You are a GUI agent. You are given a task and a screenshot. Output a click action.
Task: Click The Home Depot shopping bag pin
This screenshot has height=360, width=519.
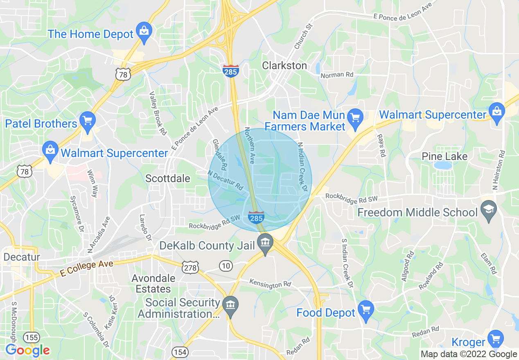[144, 32]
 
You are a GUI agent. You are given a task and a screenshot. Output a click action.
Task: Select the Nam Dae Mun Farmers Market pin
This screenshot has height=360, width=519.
[355, 118]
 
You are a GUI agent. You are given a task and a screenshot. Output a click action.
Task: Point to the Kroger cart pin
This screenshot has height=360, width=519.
[496, 339]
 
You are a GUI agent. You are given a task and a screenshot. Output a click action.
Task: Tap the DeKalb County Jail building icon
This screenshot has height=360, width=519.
[265, 242]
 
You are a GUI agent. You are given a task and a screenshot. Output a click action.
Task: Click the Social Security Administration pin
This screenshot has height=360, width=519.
[230, 306]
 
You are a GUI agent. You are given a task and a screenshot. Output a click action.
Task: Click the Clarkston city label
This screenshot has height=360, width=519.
[284, 65]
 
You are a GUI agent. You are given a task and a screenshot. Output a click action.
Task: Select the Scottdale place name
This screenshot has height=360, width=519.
[168, 178]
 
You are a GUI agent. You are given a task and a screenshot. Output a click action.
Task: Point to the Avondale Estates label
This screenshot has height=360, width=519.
[153, 283]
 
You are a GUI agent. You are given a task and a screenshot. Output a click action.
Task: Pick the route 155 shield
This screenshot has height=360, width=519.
[31, 337]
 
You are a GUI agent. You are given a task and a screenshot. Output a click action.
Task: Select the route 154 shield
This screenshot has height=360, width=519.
[180, 352]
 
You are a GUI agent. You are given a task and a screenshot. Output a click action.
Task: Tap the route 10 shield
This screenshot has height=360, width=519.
[226, 266]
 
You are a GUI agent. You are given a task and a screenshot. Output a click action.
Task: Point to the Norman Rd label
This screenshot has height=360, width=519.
[337, 75]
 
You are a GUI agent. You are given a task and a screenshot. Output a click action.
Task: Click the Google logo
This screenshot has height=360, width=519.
[27, 350]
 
